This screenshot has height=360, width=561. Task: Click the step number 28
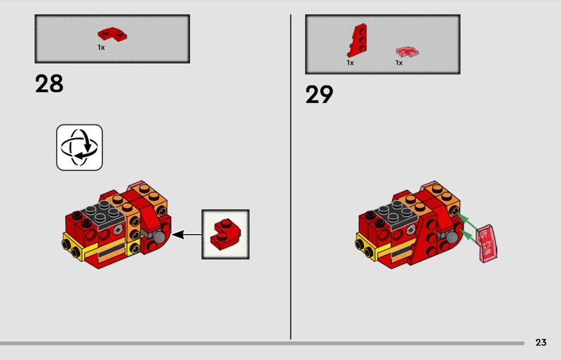(49, 84)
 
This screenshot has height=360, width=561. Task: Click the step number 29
(319, 95)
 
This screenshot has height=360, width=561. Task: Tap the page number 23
(541, 342)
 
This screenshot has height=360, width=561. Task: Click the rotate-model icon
(79, 147)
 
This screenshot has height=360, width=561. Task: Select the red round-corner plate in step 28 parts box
(112, 34)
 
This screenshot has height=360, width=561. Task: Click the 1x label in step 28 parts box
(101, 47)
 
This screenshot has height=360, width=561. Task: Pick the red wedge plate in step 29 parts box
(357, 41)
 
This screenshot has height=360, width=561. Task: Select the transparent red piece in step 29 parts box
(407, 52)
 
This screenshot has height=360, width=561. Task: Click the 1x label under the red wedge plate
(350, 62)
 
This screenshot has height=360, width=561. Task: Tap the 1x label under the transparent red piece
(399, 62)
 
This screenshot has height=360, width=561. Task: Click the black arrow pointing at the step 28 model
(187, 234)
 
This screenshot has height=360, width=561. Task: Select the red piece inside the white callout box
(225, 234)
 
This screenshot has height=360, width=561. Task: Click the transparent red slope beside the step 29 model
(487, 244)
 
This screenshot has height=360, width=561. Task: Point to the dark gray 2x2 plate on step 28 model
(104, 215)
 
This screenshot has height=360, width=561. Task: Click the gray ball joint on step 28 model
(160, 237)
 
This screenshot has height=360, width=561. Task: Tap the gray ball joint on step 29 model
(452, 237)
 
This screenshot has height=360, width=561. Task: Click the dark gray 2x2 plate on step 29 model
(397, 215)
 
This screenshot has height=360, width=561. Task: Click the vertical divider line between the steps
(290, 177)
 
